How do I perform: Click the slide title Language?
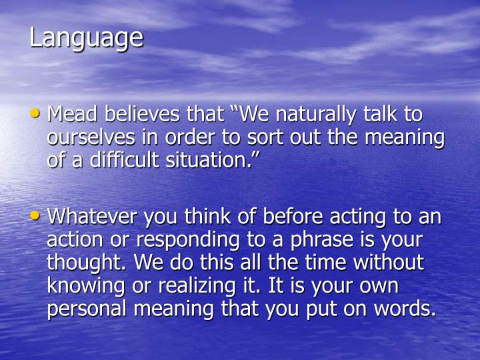[86, 38]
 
